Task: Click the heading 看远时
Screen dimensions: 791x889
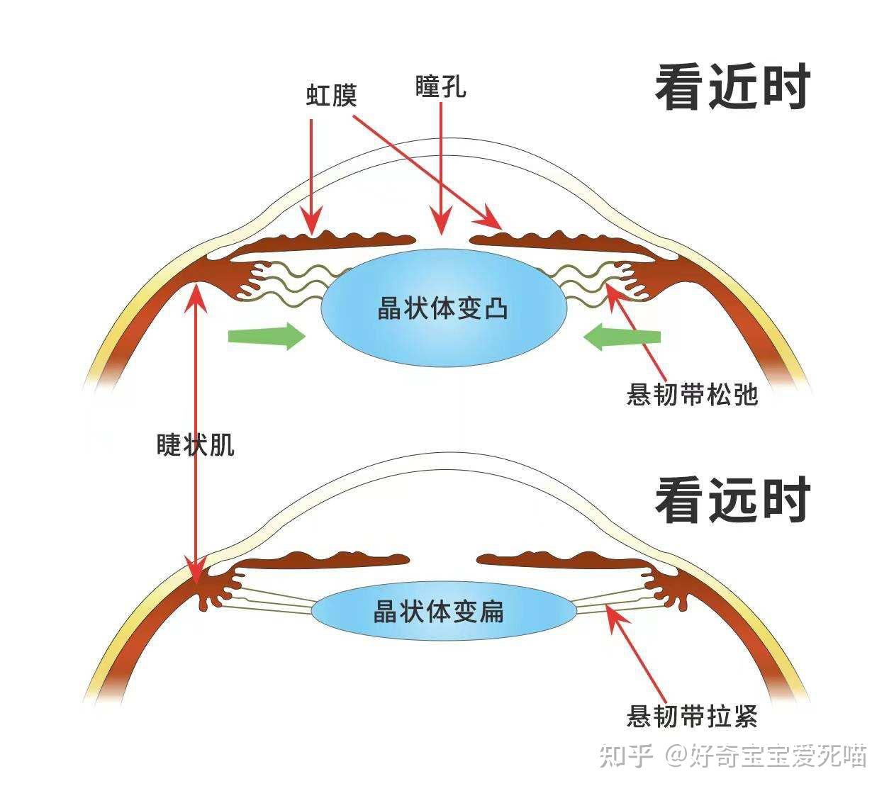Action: coord(732,500)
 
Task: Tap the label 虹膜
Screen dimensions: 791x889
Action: coord(331,94)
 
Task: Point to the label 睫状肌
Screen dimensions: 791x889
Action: coord(195,444)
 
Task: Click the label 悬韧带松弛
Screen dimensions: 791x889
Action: coord(692,394)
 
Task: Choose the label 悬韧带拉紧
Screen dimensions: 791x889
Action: coord(692,716)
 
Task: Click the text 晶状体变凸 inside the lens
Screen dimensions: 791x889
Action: coord(443,309)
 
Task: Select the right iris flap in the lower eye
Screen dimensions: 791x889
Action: coord(560,560)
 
